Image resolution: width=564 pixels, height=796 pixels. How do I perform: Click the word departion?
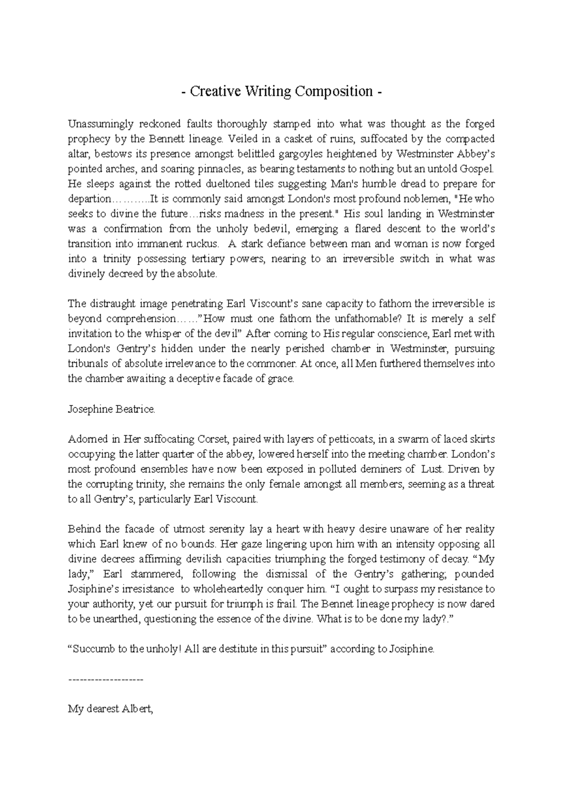[x=88, y=199]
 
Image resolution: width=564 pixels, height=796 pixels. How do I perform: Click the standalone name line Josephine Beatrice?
[x=111, y=409]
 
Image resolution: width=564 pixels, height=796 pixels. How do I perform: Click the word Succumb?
[x=94, y=649]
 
